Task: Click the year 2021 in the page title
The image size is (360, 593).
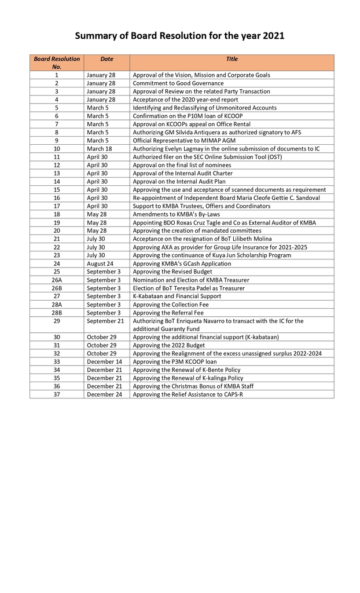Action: pyautogui.click(x=273, y=36)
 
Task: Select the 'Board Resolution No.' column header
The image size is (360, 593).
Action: pyautogui.click(x=57, y=63)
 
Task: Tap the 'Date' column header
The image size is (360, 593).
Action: pyautogui.click(x=106, y=59)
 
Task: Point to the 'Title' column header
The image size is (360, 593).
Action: pyautogui.click(x=232, y=59)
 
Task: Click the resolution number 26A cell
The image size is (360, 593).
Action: pyautogui.click(x=57, y=280)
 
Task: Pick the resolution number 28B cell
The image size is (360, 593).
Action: pyautogui.click(x=57, y=313)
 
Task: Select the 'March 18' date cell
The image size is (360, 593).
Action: pyautogui.click(x=100, y=149)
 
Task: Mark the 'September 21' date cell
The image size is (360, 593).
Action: pyautogui.click(x=105, y=321)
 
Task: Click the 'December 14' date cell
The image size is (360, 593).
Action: pyautogui.click(x=105, y=361)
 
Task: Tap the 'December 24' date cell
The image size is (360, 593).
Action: pyautogui.click(x=105, y=394)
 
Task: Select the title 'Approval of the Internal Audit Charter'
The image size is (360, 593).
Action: pyautogui.click(x=183, y=173)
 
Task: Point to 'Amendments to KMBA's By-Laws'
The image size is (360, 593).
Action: pyautogui.click(x=173, y=214)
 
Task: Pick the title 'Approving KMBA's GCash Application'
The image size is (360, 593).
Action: pyautogui.click(x=182, y=263)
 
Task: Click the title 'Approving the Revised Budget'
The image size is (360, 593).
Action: pyautogui.click(x=172, y=272)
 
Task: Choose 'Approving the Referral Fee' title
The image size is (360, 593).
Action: pyautogui.click(x=168, y=313)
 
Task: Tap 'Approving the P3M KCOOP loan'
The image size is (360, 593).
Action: pyautogui.click(x=174, y=361)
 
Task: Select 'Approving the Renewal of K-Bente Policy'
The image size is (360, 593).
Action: pyautogui.click(x=187, y=369)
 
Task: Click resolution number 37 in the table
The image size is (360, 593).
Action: pyautogui.click(x=57, y=394)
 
